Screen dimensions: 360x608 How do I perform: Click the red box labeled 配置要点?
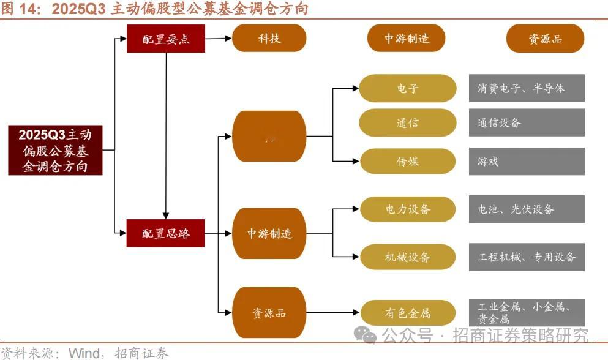(165, 39)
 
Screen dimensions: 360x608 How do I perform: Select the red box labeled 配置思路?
(165, 233)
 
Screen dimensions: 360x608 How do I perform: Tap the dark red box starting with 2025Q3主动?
(55, 150)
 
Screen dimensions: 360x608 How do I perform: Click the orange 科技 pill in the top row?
(269, 39)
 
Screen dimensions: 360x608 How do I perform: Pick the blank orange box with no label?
(269, 136)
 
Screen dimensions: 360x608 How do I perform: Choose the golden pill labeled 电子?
(407, 88)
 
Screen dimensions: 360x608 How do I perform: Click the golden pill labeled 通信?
(407, 122)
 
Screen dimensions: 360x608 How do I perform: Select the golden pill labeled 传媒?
(407, 162)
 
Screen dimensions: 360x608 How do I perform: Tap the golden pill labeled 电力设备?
(407, 209)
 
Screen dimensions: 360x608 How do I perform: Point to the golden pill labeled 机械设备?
(407, 257)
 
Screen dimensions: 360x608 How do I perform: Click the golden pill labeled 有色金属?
(407, 313)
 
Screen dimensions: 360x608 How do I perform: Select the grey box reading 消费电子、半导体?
(527, 88)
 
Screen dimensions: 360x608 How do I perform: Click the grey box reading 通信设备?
(527, 122)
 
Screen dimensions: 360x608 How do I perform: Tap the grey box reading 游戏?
(527, 162)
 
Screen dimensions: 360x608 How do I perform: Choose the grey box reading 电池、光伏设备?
(527, 209)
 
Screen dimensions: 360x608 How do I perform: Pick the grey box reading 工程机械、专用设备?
(527, 257)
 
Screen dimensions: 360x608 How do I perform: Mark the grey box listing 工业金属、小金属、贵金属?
(527, 312)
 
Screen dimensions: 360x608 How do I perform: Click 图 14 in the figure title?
(20, 9)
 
